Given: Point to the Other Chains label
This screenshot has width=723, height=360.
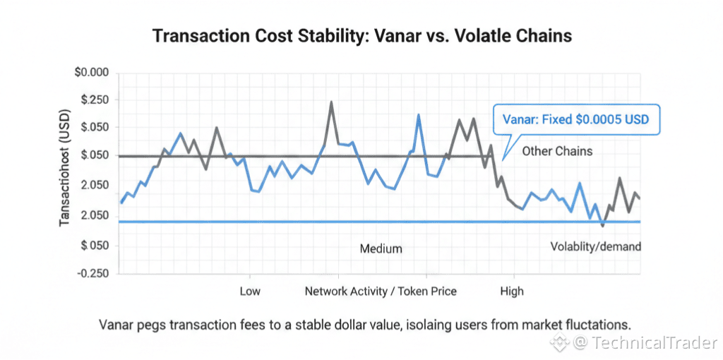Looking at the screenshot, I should [557, 151].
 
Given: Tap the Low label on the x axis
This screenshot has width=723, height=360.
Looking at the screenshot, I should [250, 291].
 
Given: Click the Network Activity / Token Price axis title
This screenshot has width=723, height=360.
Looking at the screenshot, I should [381, 291].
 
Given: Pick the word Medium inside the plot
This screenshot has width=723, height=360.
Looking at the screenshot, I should [381, 248].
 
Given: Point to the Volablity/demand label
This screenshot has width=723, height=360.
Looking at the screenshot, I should [595, 246].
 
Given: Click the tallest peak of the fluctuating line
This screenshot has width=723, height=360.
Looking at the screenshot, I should [331, 103].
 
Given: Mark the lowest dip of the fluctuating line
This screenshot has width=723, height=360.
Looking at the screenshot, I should [602, 225].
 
